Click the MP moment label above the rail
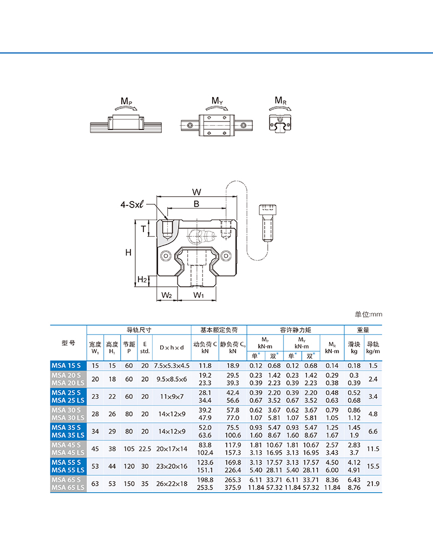[126, 101]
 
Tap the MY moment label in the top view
[217, 101]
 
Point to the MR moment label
[281, 100]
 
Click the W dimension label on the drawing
[196, 192]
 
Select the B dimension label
[196, 204]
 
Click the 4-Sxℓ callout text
[132, 204]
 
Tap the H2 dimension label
[142, 279]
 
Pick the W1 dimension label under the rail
[199, 295]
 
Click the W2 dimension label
[166, 295]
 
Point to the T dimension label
[143, 229]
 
